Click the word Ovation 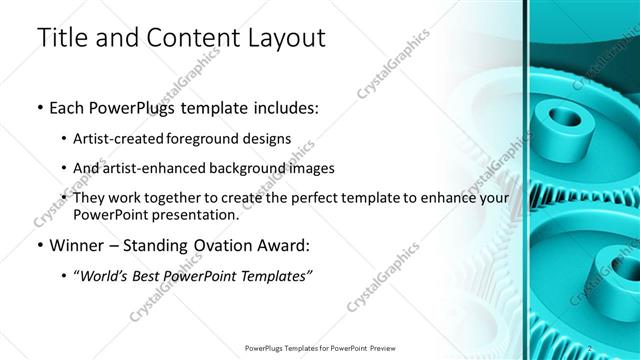point(236,246)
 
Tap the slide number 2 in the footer point(591,349)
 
